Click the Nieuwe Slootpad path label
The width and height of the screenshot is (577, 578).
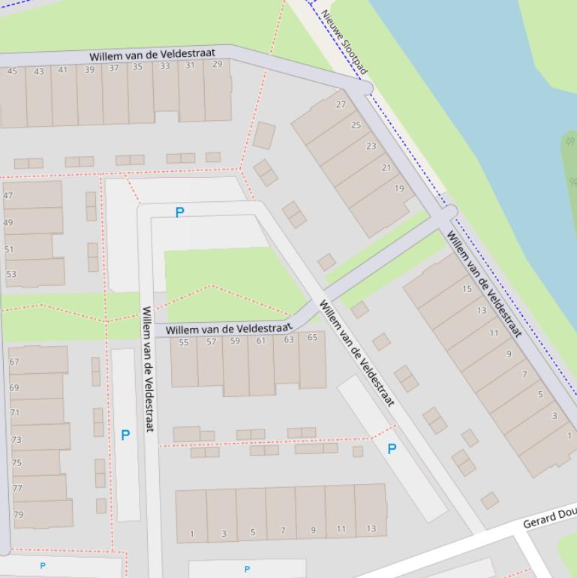344,42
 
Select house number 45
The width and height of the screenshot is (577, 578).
12,71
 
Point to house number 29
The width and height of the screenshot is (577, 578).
218,65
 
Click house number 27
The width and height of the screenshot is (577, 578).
341,104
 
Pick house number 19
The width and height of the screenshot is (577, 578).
399,188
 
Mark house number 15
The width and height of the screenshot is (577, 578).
467,288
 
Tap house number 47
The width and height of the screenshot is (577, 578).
8,195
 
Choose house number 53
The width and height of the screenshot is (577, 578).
11,274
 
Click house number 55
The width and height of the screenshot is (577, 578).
184,342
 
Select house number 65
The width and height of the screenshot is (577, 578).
312,337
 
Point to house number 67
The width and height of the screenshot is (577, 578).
14,361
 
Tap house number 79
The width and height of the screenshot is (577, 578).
19,514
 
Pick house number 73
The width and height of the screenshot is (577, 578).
17,440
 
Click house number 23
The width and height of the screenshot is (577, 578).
371,146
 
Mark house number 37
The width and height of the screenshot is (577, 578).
114,68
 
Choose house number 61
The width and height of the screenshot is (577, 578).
261,340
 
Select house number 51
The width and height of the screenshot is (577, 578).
9,249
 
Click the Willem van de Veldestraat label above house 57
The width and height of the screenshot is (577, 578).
229,329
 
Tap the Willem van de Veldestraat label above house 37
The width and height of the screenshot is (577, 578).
152,55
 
